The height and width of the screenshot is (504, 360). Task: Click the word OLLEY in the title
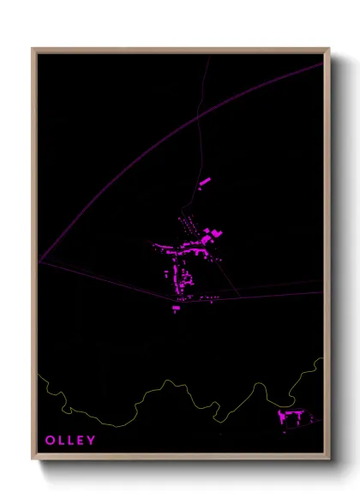point(70,441)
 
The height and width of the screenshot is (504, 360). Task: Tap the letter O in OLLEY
point(51,441)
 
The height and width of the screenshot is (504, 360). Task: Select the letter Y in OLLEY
point(91,441)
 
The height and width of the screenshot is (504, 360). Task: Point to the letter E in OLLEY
point(81,441)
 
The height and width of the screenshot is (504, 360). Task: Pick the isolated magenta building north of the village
point(205,182)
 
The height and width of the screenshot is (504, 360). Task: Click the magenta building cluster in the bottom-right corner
point(292,417)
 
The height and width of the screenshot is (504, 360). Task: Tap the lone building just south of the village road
point(177,309)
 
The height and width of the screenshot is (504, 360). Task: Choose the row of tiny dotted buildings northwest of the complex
point(188,225)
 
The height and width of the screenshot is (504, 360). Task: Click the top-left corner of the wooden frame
point(33,50)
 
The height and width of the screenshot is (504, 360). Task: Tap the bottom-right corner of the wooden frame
point(328,459)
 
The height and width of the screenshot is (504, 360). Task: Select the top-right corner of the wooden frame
point(328,50)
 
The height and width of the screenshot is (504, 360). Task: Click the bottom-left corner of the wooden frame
point(33,459)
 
